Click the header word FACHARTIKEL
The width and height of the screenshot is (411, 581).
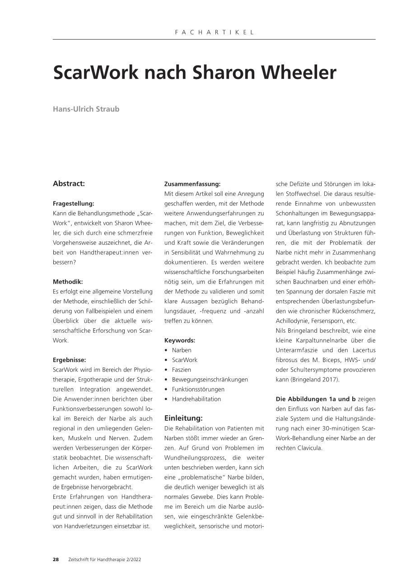pyautogui.click(x=214, y=33)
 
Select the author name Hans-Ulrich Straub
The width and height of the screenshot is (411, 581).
pyautogui.click(x=86, y=109)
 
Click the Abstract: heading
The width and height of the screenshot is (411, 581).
pyautogui.click(x=69, y=184)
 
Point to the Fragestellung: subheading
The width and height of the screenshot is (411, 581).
pyautogui.click(x=74, y=204)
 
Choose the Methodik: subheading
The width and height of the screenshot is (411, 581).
pyautogui.click(x=68, y=282)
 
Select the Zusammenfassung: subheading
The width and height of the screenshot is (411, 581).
pyautogui.click(x=192, y=184)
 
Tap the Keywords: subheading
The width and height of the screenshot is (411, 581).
pyautogui.click(x=180, y=340)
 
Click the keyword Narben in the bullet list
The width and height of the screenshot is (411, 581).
pyautogui.click(x=182, y=350)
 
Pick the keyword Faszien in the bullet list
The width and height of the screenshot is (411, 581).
pyautogui.click(x=182, y=370)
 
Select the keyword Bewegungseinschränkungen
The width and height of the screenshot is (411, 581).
pyautogui.click(x=210, y=380)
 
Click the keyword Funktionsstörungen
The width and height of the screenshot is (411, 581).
pyautogui.click(x=198, y=389)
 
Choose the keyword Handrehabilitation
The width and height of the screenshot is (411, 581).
pyautogui.click(x=196, y=399)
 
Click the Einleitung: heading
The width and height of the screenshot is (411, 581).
pyautogui.click(x=183, y=418)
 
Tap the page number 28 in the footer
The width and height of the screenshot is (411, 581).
pyautogui.click(x=56, y=560)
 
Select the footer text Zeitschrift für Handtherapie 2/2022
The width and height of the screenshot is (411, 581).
pyautogui.click(x=105, y=560)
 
